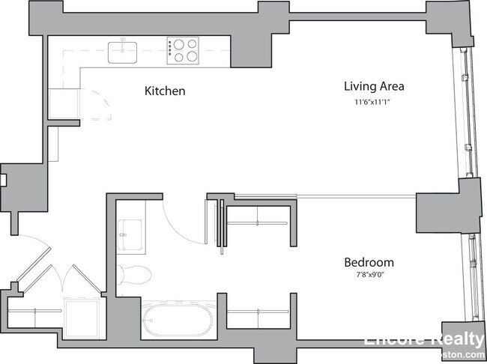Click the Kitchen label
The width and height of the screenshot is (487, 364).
164,91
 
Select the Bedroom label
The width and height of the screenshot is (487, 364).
369,263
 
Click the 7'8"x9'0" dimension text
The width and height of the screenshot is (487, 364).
369,277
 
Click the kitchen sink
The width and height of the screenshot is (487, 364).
124,52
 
